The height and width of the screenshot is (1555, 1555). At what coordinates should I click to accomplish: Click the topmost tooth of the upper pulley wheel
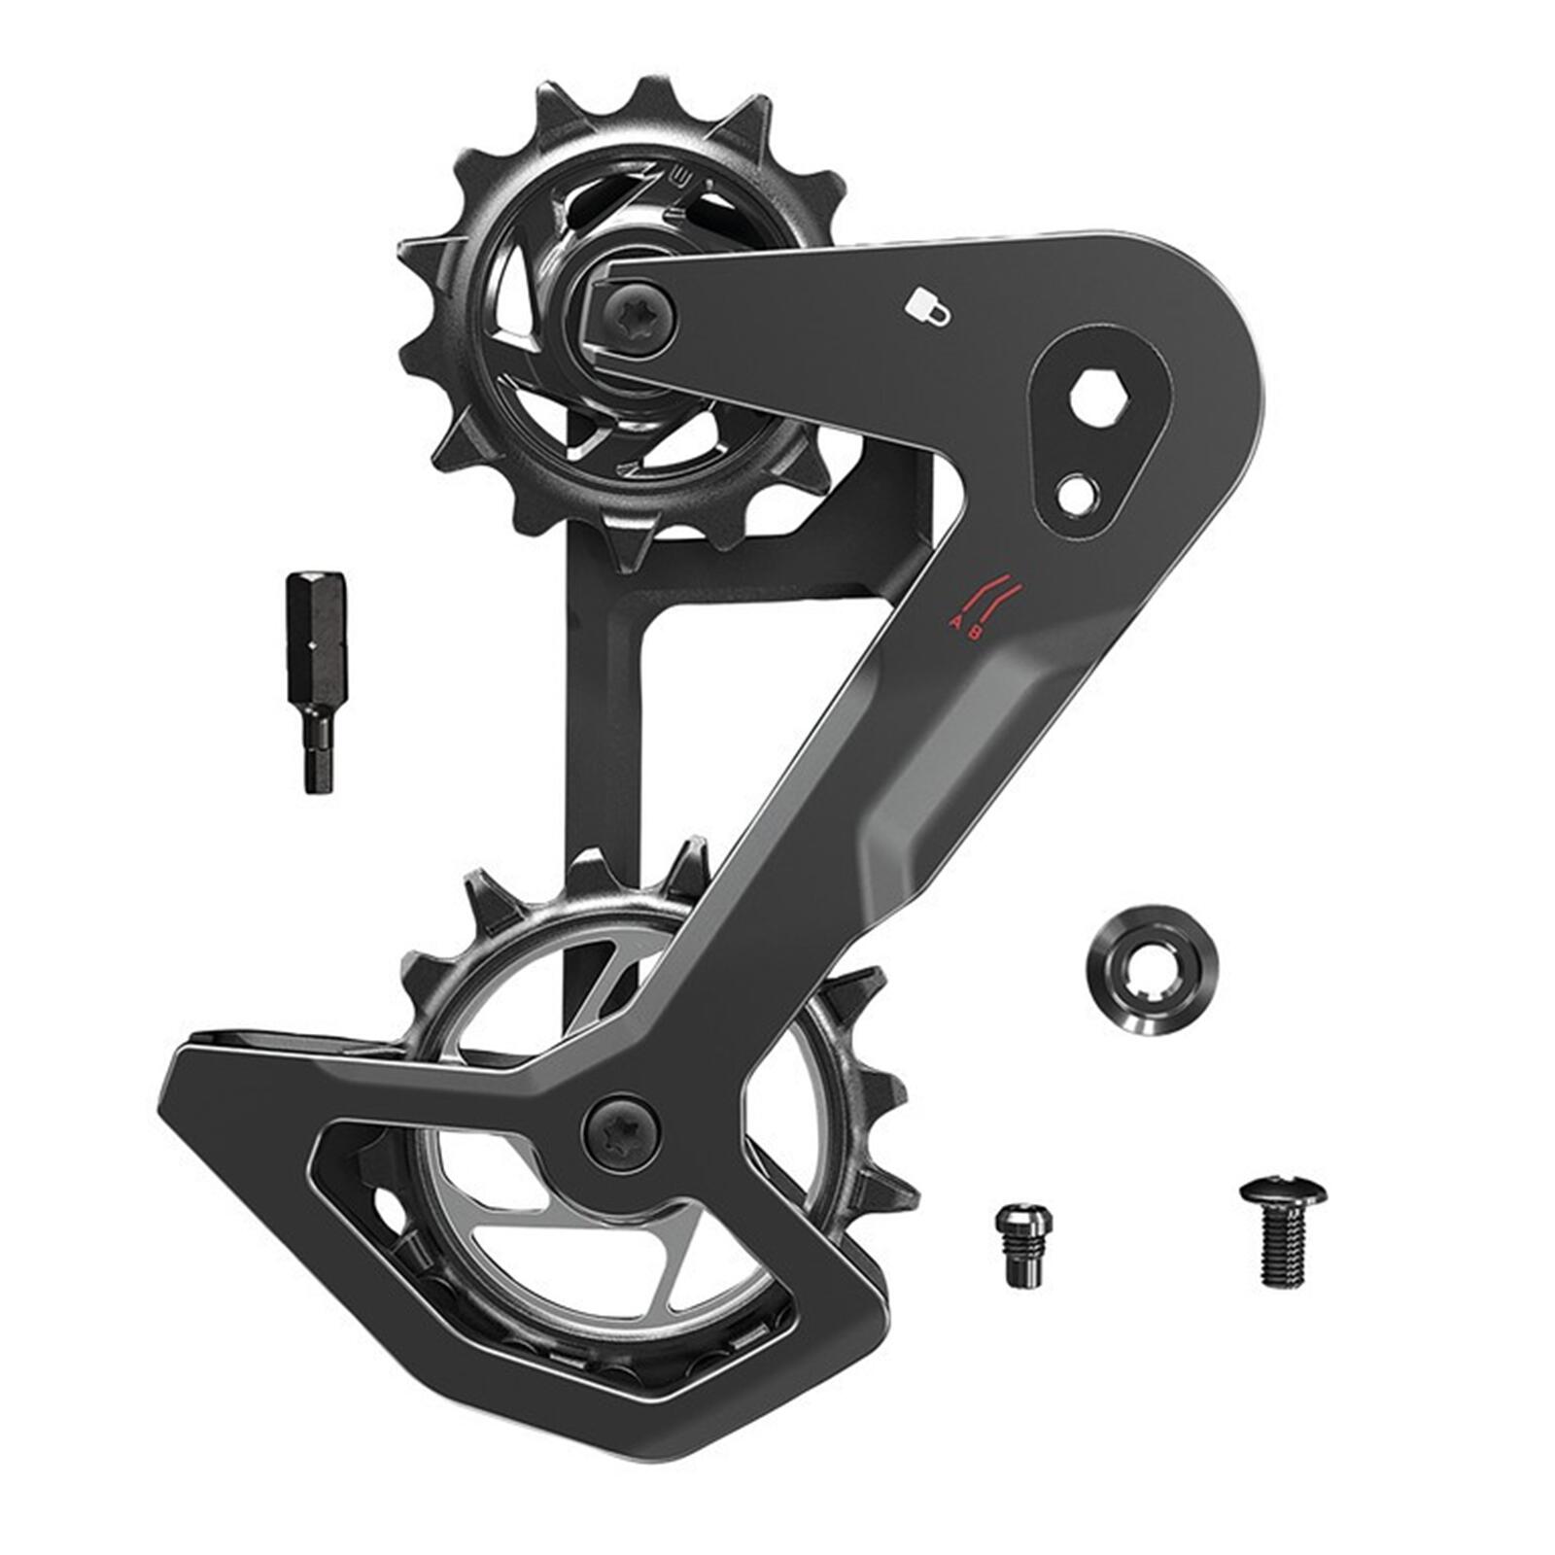(649, 94)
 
